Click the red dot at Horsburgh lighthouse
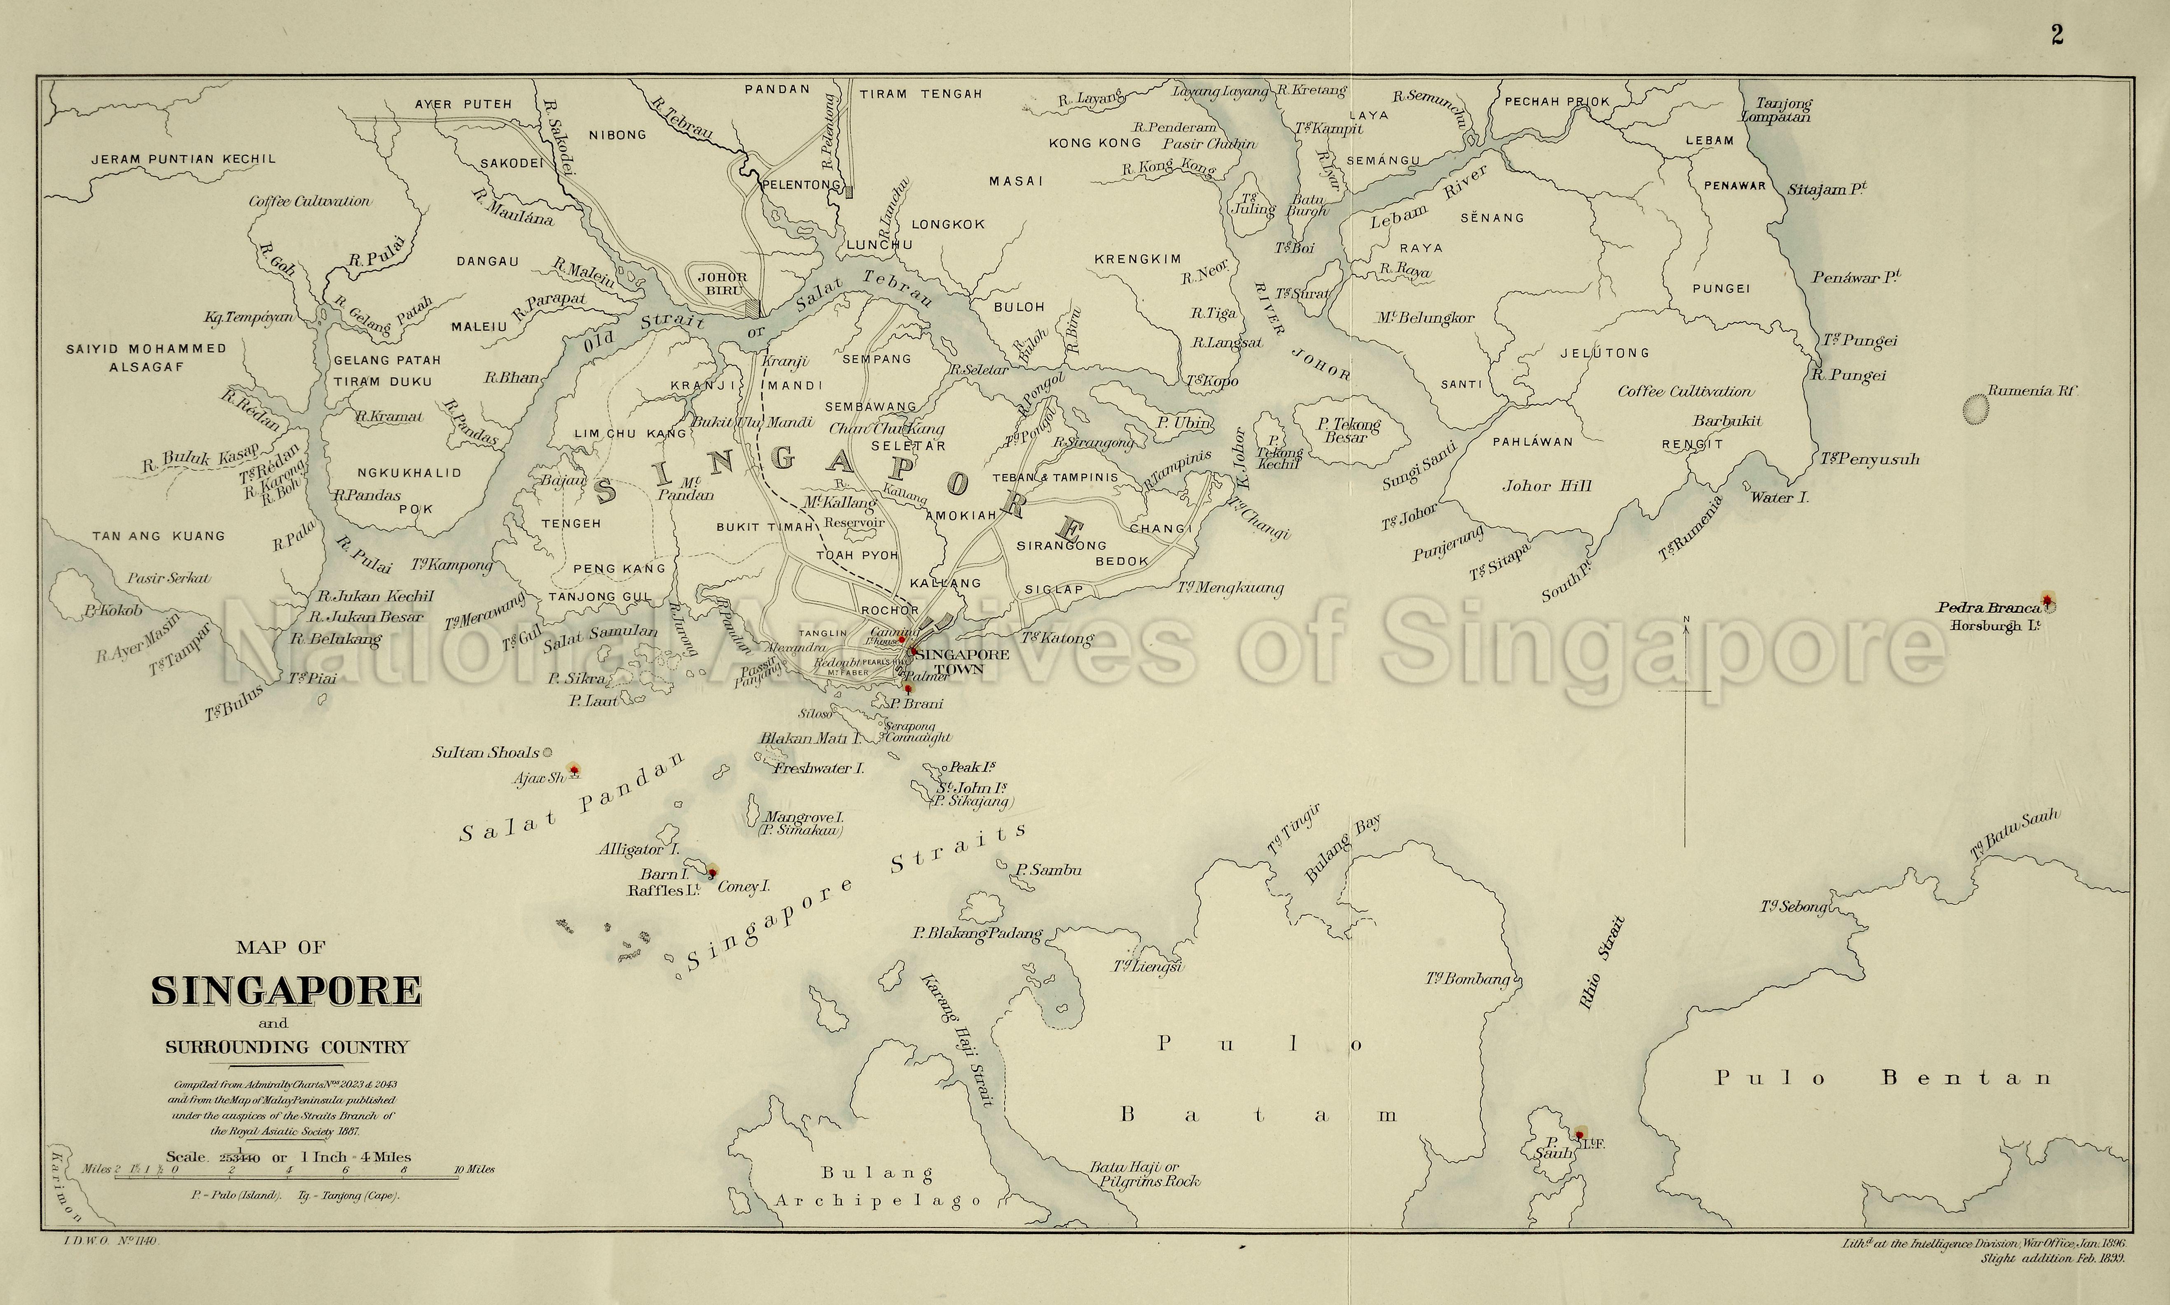tap(2048, 601)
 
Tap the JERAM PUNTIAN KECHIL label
tap(184, 159)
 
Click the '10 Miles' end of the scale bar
tap(475, 1169)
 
